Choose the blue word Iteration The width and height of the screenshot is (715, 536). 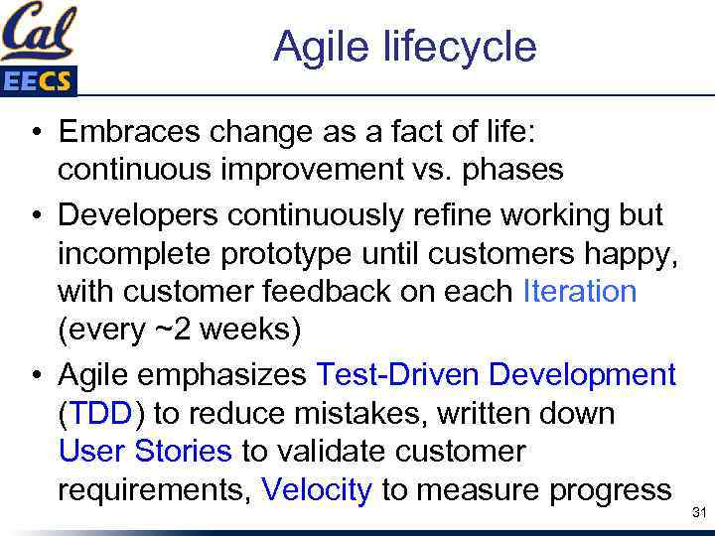tap(579, 291)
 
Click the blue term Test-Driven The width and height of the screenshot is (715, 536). tap(397, 375)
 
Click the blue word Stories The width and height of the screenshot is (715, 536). tap(184, 451)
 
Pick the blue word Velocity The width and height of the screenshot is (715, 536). tap(317, 488)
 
